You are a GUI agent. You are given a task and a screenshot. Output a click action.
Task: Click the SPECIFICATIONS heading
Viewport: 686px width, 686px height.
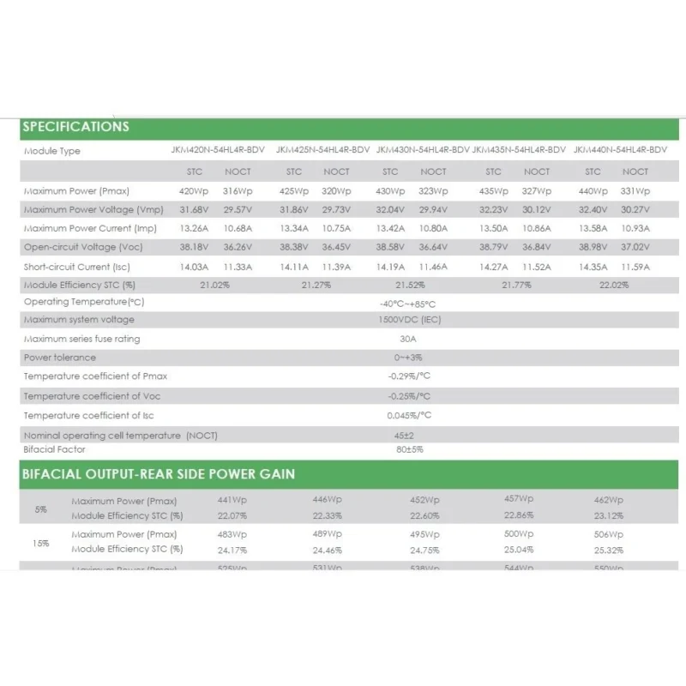[75, 127]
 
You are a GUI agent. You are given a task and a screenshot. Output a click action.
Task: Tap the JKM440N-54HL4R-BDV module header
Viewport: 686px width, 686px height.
[620, 150]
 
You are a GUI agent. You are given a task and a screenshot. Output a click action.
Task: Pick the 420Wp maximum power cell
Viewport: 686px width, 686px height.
[194, 190]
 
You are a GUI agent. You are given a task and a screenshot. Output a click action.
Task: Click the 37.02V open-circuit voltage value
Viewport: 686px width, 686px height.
[635, 247]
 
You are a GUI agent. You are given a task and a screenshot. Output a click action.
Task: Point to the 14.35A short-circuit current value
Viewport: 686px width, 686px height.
[593, 267]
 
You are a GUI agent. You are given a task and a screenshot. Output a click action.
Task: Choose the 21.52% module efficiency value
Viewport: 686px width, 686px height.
[409, 285]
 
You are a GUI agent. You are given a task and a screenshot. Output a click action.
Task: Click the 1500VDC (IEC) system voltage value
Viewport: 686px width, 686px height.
[408, 320]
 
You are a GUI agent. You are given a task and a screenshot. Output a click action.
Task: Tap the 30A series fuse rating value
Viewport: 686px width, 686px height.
[408, 339]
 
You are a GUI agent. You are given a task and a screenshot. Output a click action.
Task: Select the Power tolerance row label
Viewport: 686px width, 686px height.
[60, 358]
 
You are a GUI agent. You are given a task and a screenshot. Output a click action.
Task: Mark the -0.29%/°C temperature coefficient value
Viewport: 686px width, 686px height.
[408, 376]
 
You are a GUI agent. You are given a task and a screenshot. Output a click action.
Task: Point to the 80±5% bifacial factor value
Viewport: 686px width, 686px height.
[409, 449]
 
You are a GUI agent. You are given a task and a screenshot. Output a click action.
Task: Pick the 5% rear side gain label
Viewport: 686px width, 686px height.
[41, 508]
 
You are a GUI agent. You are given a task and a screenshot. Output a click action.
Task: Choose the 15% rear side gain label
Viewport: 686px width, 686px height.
[41, 543]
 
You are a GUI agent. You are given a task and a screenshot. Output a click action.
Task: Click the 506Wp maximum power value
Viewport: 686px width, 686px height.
[608, 534]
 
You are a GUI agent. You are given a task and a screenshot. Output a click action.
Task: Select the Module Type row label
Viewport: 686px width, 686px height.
[52, 151]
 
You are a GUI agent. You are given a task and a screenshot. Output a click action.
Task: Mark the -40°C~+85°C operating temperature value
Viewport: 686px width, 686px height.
[408, 304]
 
